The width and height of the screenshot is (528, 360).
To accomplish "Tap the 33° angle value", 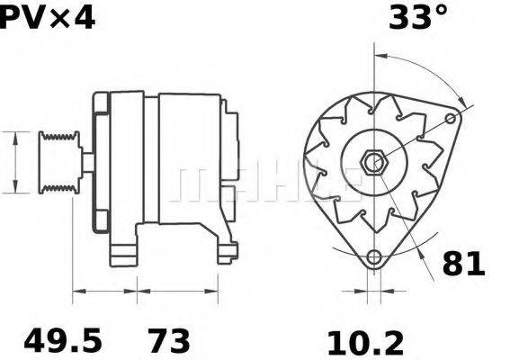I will point(417,17).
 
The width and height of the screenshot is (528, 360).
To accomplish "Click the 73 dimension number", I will point(169,341).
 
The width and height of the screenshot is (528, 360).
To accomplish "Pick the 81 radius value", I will point(463,264).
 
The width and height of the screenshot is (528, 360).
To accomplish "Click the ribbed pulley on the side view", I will point(59,162).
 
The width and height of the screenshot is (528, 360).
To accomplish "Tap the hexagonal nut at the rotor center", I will point(372,163).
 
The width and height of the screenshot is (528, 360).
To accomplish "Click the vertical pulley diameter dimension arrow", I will point(15,162).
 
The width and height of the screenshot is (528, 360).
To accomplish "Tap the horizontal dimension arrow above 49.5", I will point(104,291).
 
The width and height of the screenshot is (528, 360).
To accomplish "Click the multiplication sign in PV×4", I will point(51,17).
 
